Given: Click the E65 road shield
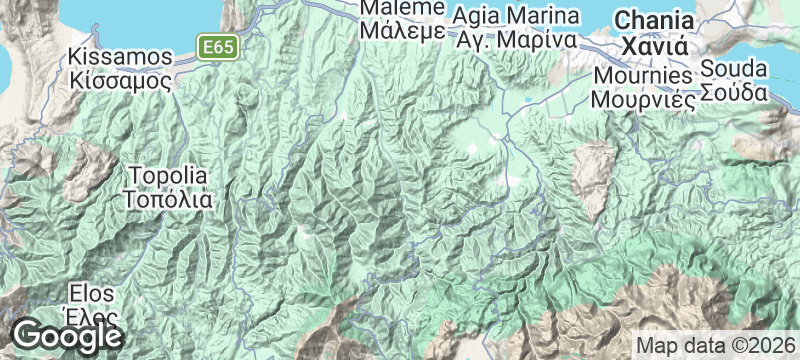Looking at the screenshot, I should point(216,47).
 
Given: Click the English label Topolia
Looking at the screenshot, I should point(168,175).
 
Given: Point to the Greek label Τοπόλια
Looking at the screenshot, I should point(168,197).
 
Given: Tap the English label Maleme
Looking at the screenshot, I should point(401,8).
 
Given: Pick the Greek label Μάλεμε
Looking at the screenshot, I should point(401,29).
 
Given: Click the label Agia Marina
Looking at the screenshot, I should point(516,17).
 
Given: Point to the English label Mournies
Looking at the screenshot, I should point(642,76).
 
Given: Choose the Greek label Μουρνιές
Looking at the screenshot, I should point(642,98).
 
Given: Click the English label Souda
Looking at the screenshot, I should point(733,69).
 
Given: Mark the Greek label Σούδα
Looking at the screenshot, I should point(733,92).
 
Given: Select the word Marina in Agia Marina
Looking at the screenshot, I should point(545,17).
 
